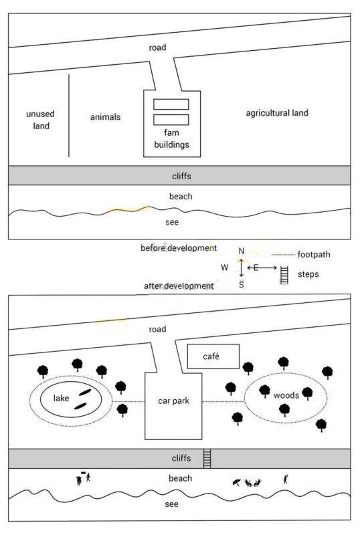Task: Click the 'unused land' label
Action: point(41,120)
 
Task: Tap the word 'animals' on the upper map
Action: point(105,117)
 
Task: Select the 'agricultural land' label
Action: point(277,113)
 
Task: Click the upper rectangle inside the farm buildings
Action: point(171,104)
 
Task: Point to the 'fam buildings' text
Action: point(171,138)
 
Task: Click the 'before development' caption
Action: point(179,248)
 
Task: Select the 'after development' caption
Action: point(179,286)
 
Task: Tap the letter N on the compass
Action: point(242,251)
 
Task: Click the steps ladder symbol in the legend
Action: point(284,275)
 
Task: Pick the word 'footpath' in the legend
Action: point(314,255)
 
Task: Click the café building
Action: point(213,356)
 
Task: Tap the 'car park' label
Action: point(173,401)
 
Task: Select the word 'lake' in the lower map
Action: point(61,398)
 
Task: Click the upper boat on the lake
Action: point(85,393)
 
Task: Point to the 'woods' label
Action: point(286,395)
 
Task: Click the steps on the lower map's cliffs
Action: point(207,459)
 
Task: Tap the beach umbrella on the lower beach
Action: point(236,483)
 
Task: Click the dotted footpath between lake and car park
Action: point(128,402)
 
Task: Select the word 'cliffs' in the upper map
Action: point(181,177)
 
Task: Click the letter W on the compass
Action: point(224,267)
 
